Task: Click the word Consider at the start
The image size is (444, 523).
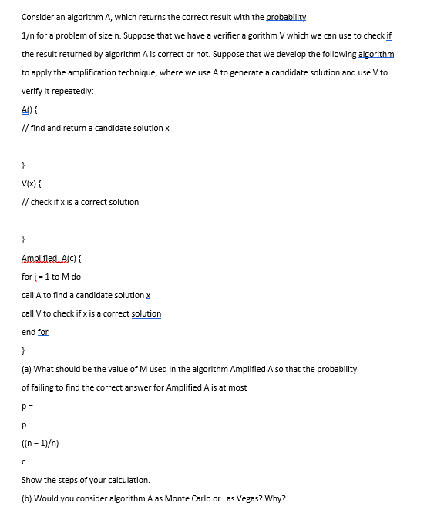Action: click(37, 17)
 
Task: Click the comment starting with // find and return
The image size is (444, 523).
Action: click(96, 128)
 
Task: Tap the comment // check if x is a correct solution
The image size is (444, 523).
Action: click(80, 202)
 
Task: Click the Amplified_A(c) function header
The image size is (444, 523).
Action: click(55, 257)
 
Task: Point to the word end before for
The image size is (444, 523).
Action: click(29, 332)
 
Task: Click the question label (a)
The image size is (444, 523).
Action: click(26, 369)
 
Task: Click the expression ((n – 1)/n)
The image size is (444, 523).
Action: click(41, 443)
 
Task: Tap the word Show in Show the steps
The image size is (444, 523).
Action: click(32, 480)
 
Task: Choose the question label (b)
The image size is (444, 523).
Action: click(26, 498)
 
